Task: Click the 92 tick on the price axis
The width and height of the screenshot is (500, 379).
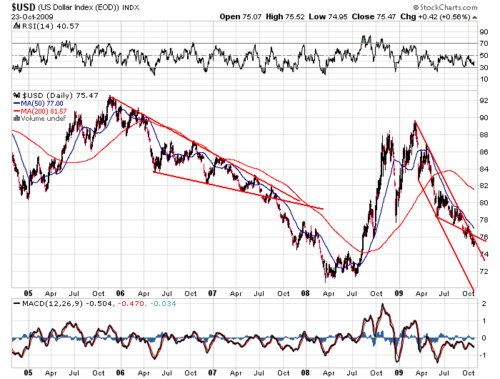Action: click(484, 101)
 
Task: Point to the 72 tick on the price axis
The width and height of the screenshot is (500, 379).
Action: click(484, 272)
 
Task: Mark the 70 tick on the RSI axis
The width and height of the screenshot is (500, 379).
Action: click(484, 44)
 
